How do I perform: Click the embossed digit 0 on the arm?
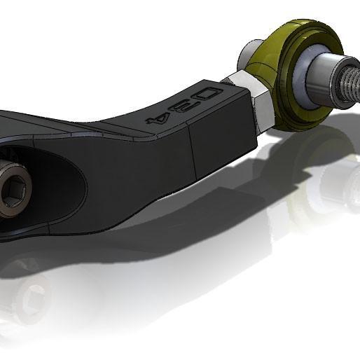[209, 95]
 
